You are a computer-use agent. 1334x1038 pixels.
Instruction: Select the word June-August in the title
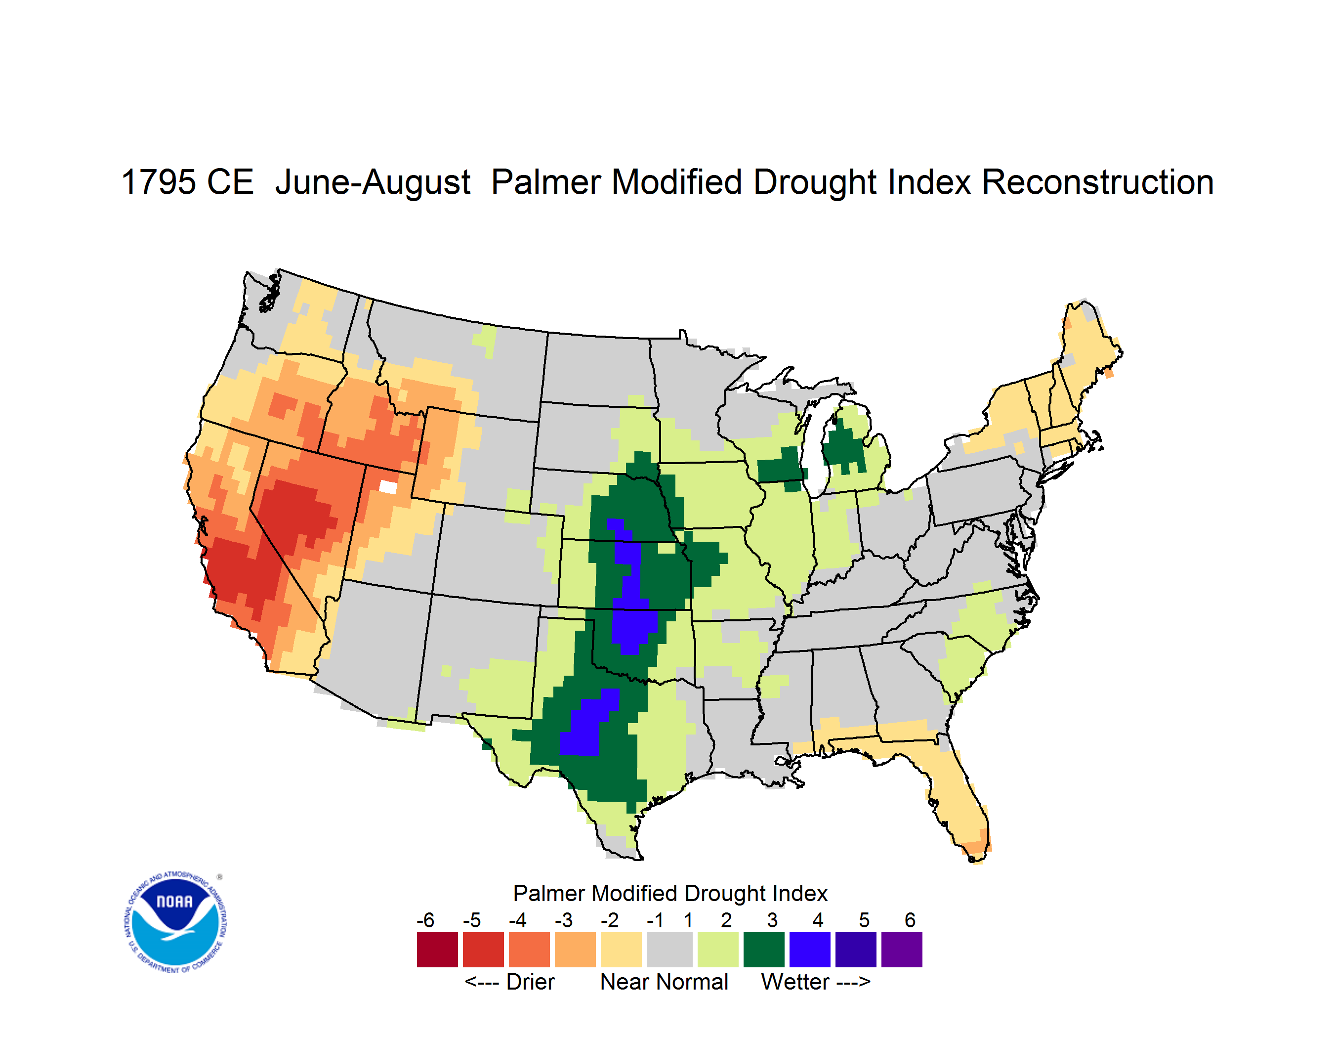point(373,183)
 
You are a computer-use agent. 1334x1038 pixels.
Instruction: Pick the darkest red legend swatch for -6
point(437,950)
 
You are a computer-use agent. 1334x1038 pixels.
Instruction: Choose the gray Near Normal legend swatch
point(669,950)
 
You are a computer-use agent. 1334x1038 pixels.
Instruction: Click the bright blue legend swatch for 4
point(810,950)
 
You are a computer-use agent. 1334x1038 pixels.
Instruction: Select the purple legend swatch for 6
point(902,950)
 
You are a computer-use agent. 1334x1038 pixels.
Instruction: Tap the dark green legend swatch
point(763,950)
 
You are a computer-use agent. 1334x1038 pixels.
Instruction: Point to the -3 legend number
point(564,920)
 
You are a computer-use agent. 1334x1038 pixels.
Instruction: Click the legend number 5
point(864,920)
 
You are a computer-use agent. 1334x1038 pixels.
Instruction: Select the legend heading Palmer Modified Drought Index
point(670,893)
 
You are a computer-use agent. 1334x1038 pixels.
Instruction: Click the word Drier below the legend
point(530,982)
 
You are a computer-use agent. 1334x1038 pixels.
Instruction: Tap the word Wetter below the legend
point(795,982)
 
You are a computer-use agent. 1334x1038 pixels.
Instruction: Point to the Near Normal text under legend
point(665,982)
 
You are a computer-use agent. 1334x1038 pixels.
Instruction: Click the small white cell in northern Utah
point(388,487)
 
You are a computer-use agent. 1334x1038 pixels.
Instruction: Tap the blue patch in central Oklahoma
point(633,630)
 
